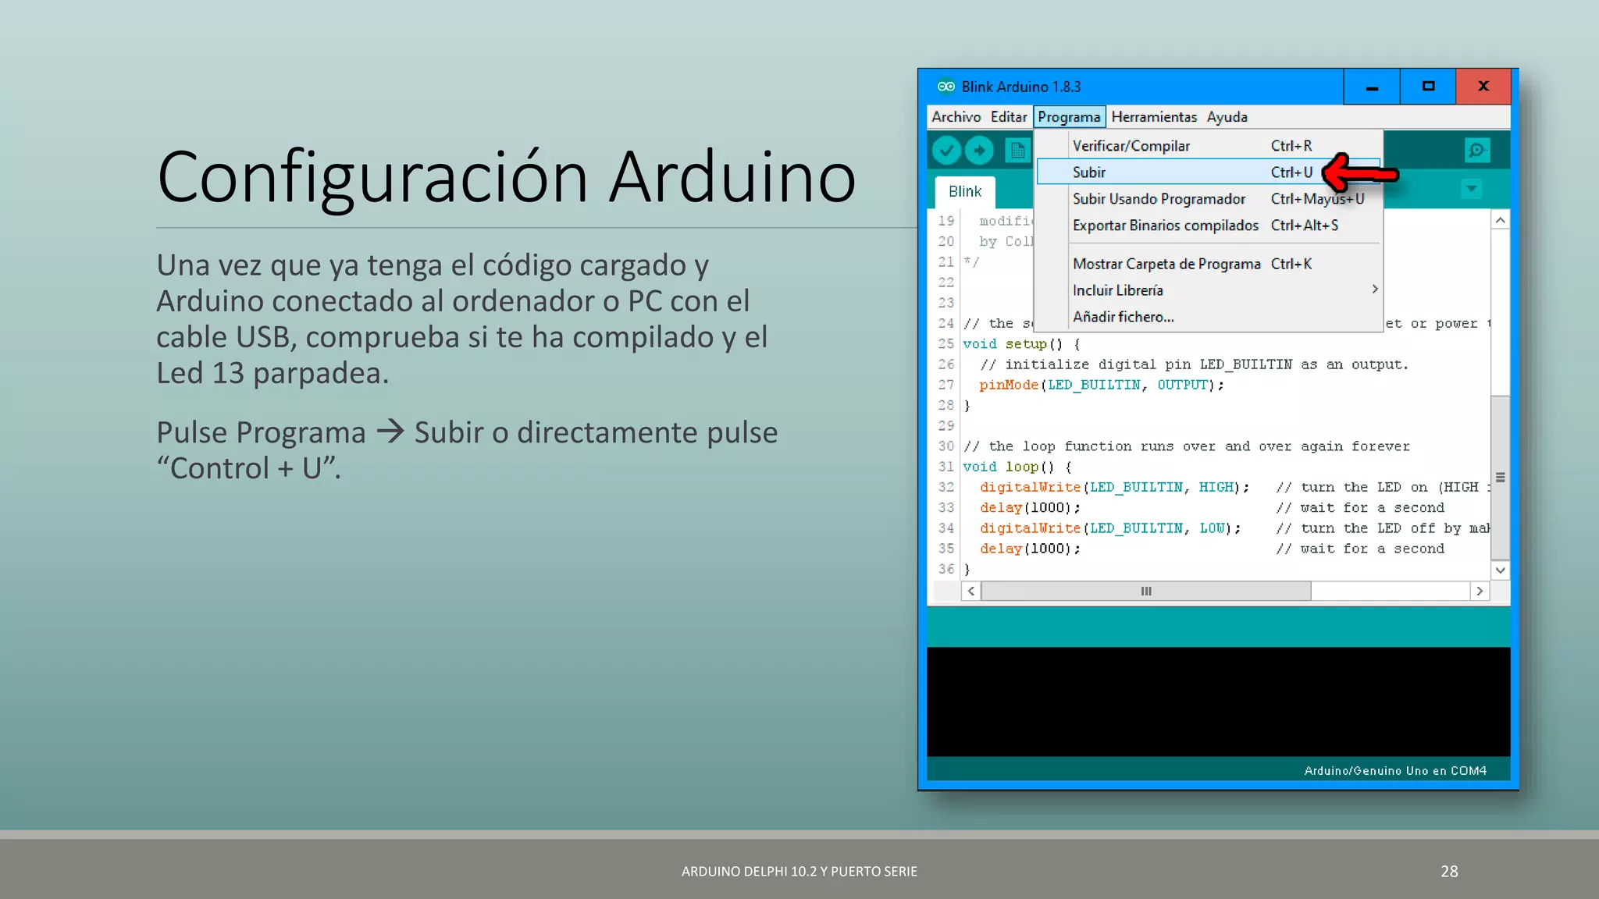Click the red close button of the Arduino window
point(1483,87)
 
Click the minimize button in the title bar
point(1372,87)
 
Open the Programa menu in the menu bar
point(1069,117)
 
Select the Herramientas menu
point(1153,117)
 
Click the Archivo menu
point(956,117)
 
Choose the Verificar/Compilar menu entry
point(1131,146)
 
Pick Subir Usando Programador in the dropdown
point(1159,199)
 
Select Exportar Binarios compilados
point(1165,226)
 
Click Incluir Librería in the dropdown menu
point(1117,290)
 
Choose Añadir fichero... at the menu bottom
point(1123,317)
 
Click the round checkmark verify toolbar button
point(946,150)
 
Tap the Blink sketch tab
point(965,192)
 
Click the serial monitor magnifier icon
point(1476,150)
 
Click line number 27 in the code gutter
point(946,385)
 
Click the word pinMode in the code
point(1009,385)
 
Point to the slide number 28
point(1449,871)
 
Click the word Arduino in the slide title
point(732,177)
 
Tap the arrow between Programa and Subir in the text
point(390,432)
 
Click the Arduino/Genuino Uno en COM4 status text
point(1395,770)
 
